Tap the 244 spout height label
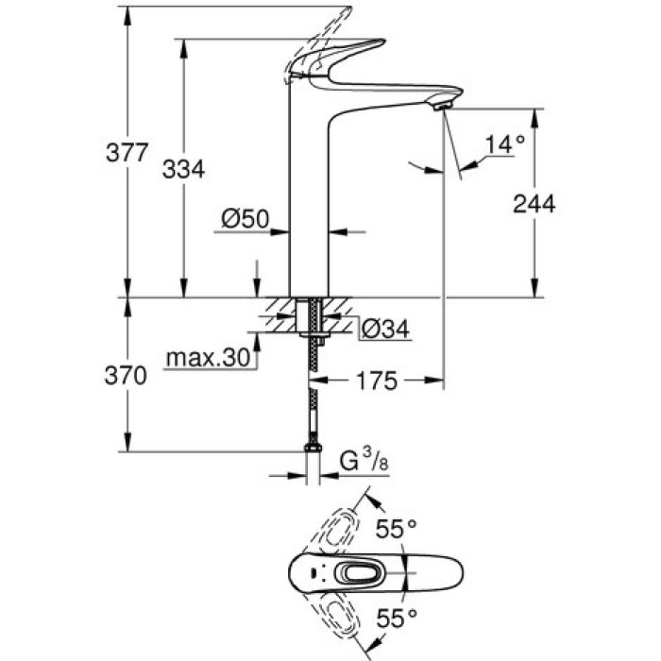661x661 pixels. (x=534, y=203)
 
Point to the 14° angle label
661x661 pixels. (x=504, y=144)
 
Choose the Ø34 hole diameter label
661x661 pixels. (x=386, y=328)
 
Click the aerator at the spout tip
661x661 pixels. (x=440, y=107)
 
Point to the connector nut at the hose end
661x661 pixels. (x=312, y=452)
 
